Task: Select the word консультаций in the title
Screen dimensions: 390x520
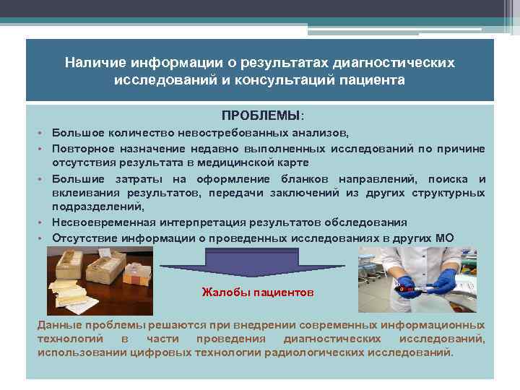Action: click(285, 80)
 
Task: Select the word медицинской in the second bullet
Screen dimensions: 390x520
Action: click(242, 162)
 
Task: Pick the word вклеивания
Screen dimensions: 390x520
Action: click(85, 193)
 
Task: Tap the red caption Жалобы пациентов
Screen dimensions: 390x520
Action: click(256, 292)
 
